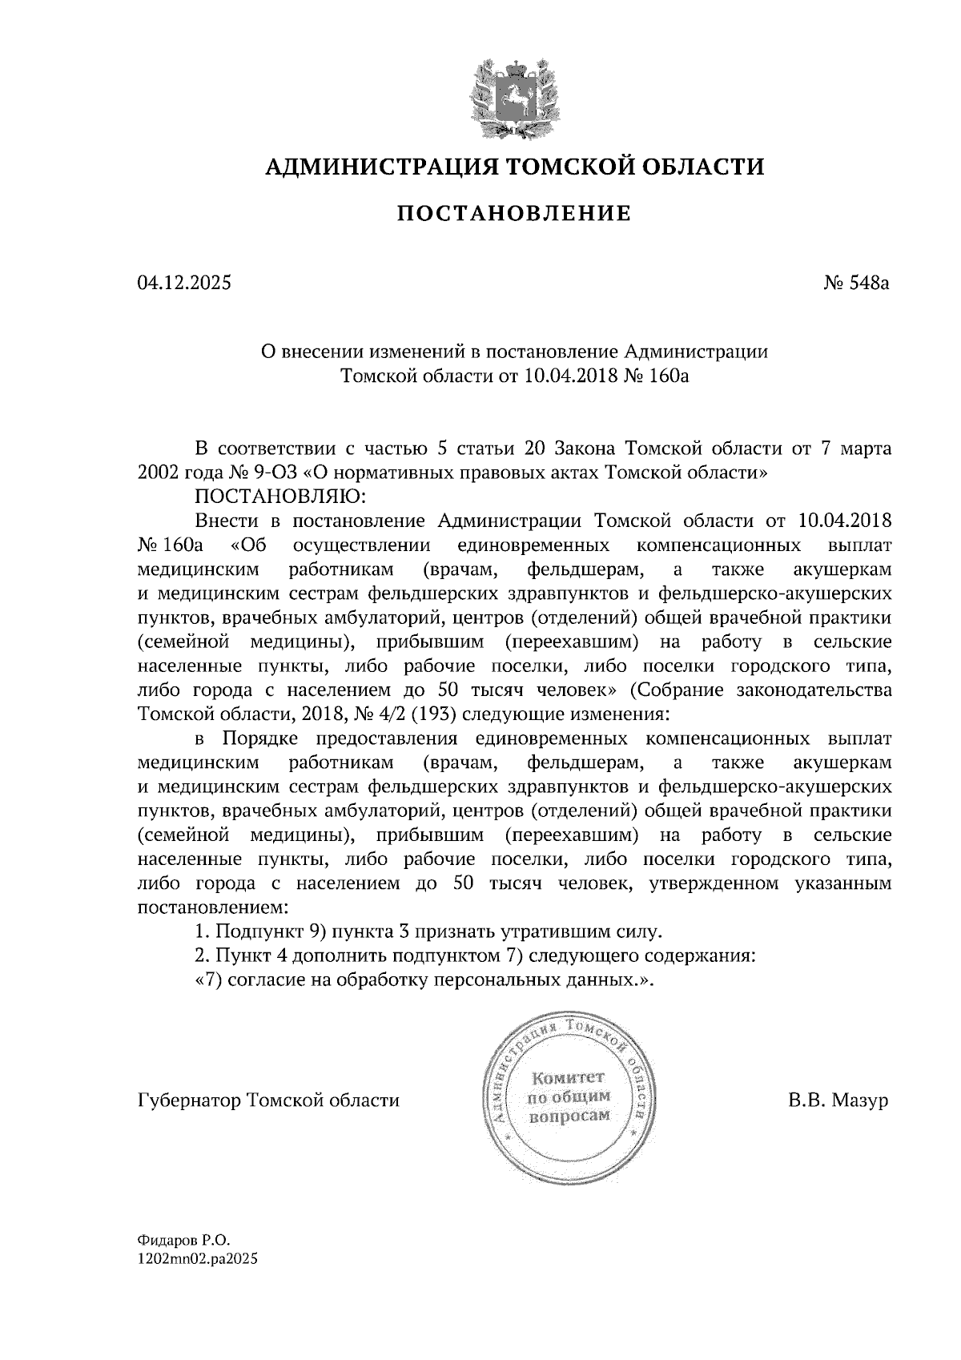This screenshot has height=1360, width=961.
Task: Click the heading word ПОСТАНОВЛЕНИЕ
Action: coord(514,214)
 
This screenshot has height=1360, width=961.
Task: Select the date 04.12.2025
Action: coord(184,283)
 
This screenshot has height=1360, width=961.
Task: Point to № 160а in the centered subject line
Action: coord(657,376)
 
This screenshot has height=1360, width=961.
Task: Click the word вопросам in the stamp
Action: coord(569,1116)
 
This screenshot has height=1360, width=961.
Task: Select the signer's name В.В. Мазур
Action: coord(838,1100)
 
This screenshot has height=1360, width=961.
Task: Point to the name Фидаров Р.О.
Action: coord(183,1238)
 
